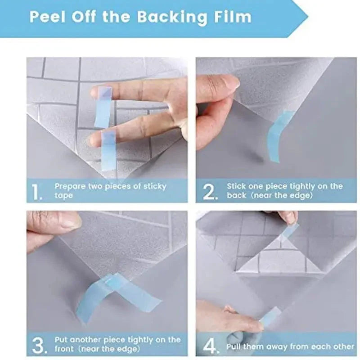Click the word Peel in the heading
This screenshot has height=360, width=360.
(47, 17)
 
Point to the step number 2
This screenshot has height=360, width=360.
(210, 192)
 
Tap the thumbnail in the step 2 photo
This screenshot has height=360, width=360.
(225, 82)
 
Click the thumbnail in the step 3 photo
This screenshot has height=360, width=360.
(67, 220)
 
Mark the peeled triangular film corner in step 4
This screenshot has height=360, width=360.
(282, 259)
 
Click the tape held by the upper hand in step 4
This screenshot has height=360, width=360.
(290, 231)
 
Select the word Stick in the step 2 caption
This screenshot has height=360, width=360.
(236, 186)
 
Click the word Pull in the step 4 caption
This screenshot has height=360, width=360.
(235, 346)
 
